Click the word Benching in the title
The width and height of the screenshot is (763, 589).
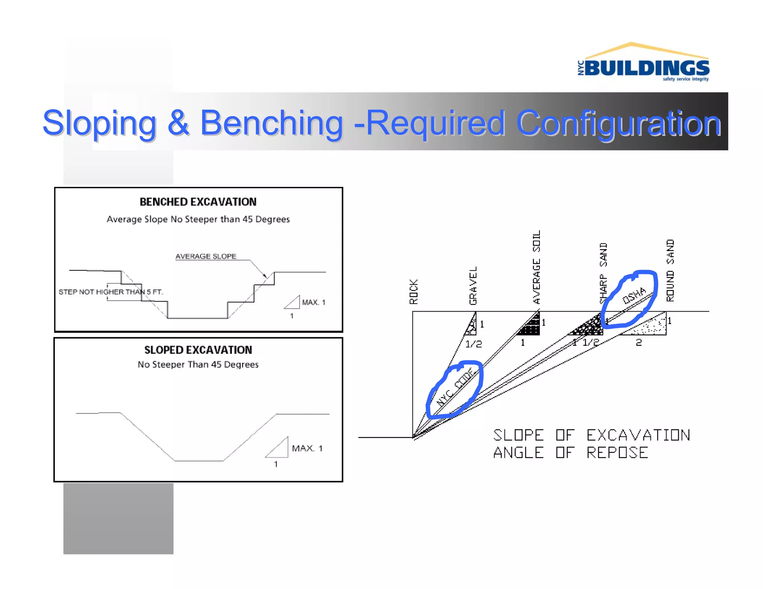[271, 123]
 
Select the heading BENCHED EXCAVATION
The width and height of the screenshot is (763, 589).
[198, 202]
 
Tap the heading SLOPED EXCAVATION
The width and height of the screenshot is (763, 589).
[198, 350]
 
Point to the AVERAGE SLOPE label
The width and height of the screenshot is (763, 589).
[206, 257]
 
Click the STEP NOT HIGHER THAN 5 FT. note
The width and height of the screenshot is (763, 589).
[111, 292]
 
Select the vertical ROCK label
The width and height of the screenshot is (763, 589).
[414, 292]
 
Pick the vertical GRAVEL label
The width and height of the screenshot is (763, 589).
[473, 286]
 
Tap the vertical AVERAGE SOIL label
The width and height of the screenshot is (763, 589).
[536, 267]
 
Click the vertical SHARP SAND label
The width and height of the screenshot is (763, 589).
[603, 273]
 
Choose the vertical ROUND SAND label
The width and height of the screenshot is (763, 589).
[670, 270]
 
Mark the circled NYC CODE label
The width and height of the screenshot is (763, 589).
[455, 388]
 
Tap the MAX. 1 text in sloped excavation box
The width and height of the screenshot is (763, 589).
[307, 448]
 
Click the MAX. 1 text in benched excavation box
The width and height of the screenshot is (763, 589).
[313, 302]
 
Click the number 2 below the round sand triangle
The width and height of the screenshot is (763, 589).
[639, 343]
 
